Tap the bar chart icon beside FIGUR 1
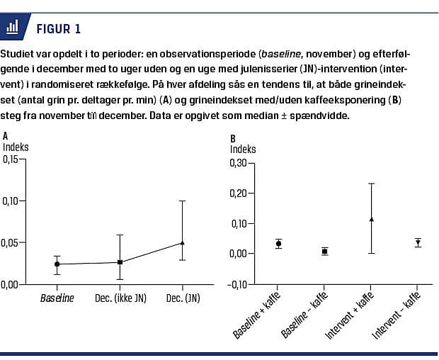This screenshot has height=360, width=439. [13, 28]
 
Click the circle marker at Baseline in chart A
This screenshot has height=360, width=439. [57, 264]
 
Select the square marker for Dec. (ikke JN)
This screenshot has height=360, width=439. [120, 262]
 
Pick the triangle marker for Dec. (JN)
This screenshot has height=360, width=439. [182, 243]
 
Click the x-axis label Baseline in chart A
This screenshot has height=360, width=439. [57, 298]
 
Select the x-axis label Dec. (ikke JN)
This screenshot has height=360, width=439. [120, 298]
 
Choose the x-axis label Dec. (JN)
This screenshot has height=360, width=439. [182, 298]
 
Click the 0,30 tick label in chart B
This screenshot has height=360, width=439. [243, 163]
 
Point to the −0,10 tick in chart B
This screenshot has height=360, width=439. [241, 284]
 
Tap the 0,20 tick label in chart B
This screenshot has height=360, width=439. [243, 193]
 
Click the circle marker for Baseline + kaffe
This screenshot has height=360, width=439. [278, 244]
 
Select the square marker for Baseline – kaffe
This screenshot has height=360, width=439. [324, 252]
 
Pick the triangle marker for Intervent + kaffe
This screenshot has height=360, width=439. [371, 220]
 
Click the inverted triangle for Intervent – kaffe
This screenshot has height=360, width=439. [417, 242]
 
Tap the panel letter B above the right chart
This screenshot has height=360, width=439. [233, 139]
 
